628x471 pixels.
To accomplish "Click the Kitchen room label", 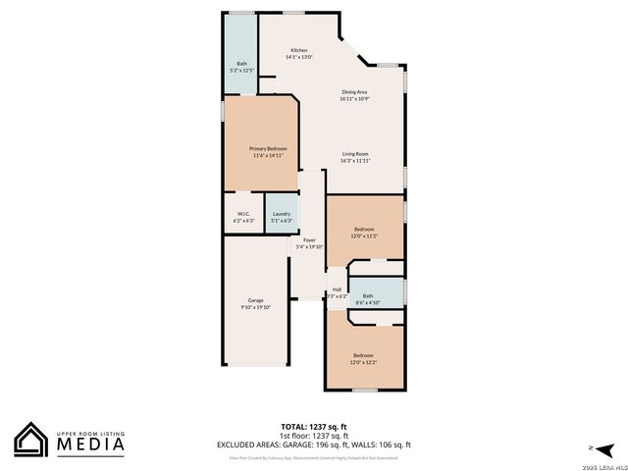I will point(298,50).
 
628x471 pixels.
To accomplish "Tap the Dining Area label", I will point(353,91).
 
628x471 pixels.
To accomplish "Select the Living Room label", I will point(354,154).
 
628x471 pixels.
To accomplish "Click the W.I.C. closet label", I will point(242,214).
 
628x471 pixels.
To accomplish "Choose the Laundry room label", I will point(282,214).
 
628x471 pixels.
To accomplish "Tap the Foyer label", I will point(309,239).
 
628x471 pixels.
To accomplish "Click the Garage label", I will point(255,300).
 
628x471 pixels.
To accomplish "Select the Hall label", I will point(337,289).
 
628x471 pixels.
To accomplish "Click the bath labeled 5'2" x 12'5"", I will point(241,64).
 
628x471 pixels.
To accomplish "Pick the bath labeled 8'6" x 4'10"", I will point(368,295).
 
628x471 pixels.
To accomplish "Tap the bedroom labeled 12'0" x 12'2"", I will point(363,355).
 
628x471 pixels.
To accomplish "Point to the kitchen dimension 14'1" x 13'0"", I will point(298,57).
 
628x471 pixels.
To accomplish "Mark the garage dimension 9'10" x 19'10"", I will point(255,307).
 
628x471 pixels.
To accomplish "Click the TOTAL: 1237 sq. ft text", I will point(313,427).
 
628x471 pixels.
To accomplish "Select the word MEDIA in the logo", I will point(88,444).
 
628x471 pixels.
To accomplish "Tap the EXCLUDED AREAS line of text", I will point(313,445).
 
